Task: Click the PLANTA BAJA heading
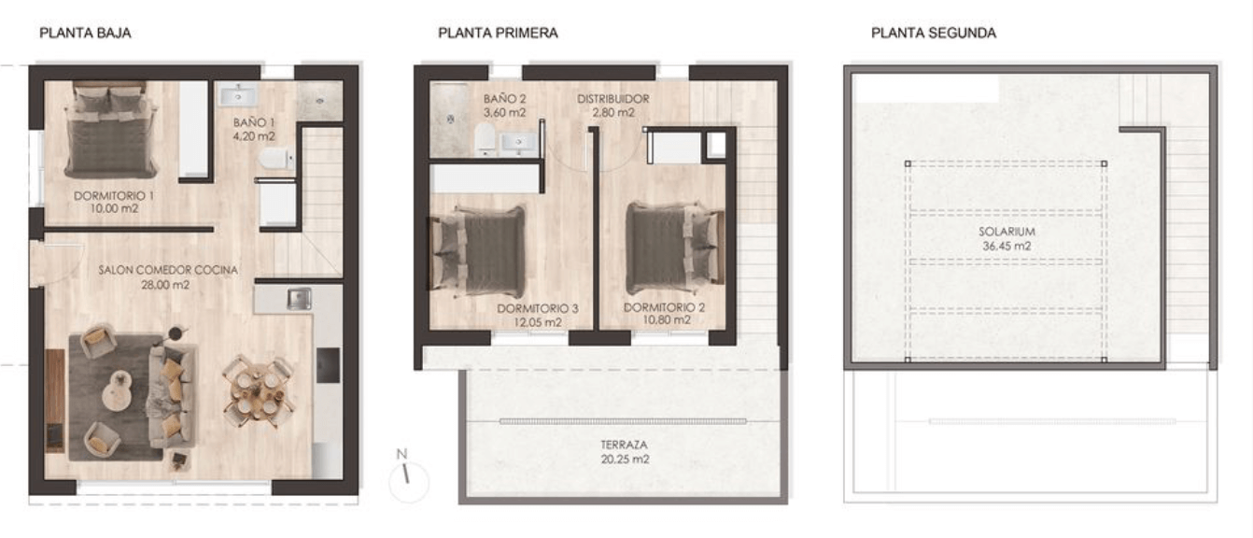pos(85,33)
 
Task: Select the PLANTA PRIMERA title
pos(498,33)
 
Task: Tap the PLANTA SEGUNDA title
pos(934,33)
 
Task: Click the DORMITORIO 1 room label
pos(114,195)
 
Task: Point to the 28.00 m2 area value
pos(165,284)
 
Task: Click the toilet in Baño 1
pos(275,159)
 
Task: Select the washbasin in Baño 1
pos(238,96)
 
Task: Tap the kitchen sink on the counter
pos(300,298)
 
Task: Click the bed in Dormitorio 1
pos(110,130)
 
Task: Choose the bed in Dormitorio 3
pos(477,250)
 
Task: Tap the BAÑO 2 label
pos(504,98)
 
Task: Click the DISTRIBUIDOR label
pos(613,98)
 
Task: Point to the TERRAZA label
pos(625,446)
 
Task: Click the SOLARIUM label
pos(1007,232)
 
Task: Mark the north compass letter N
pos(401,454)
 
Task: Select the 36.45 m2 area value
pos(1007,246)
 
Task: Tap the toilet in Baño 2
pos(485,138)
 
